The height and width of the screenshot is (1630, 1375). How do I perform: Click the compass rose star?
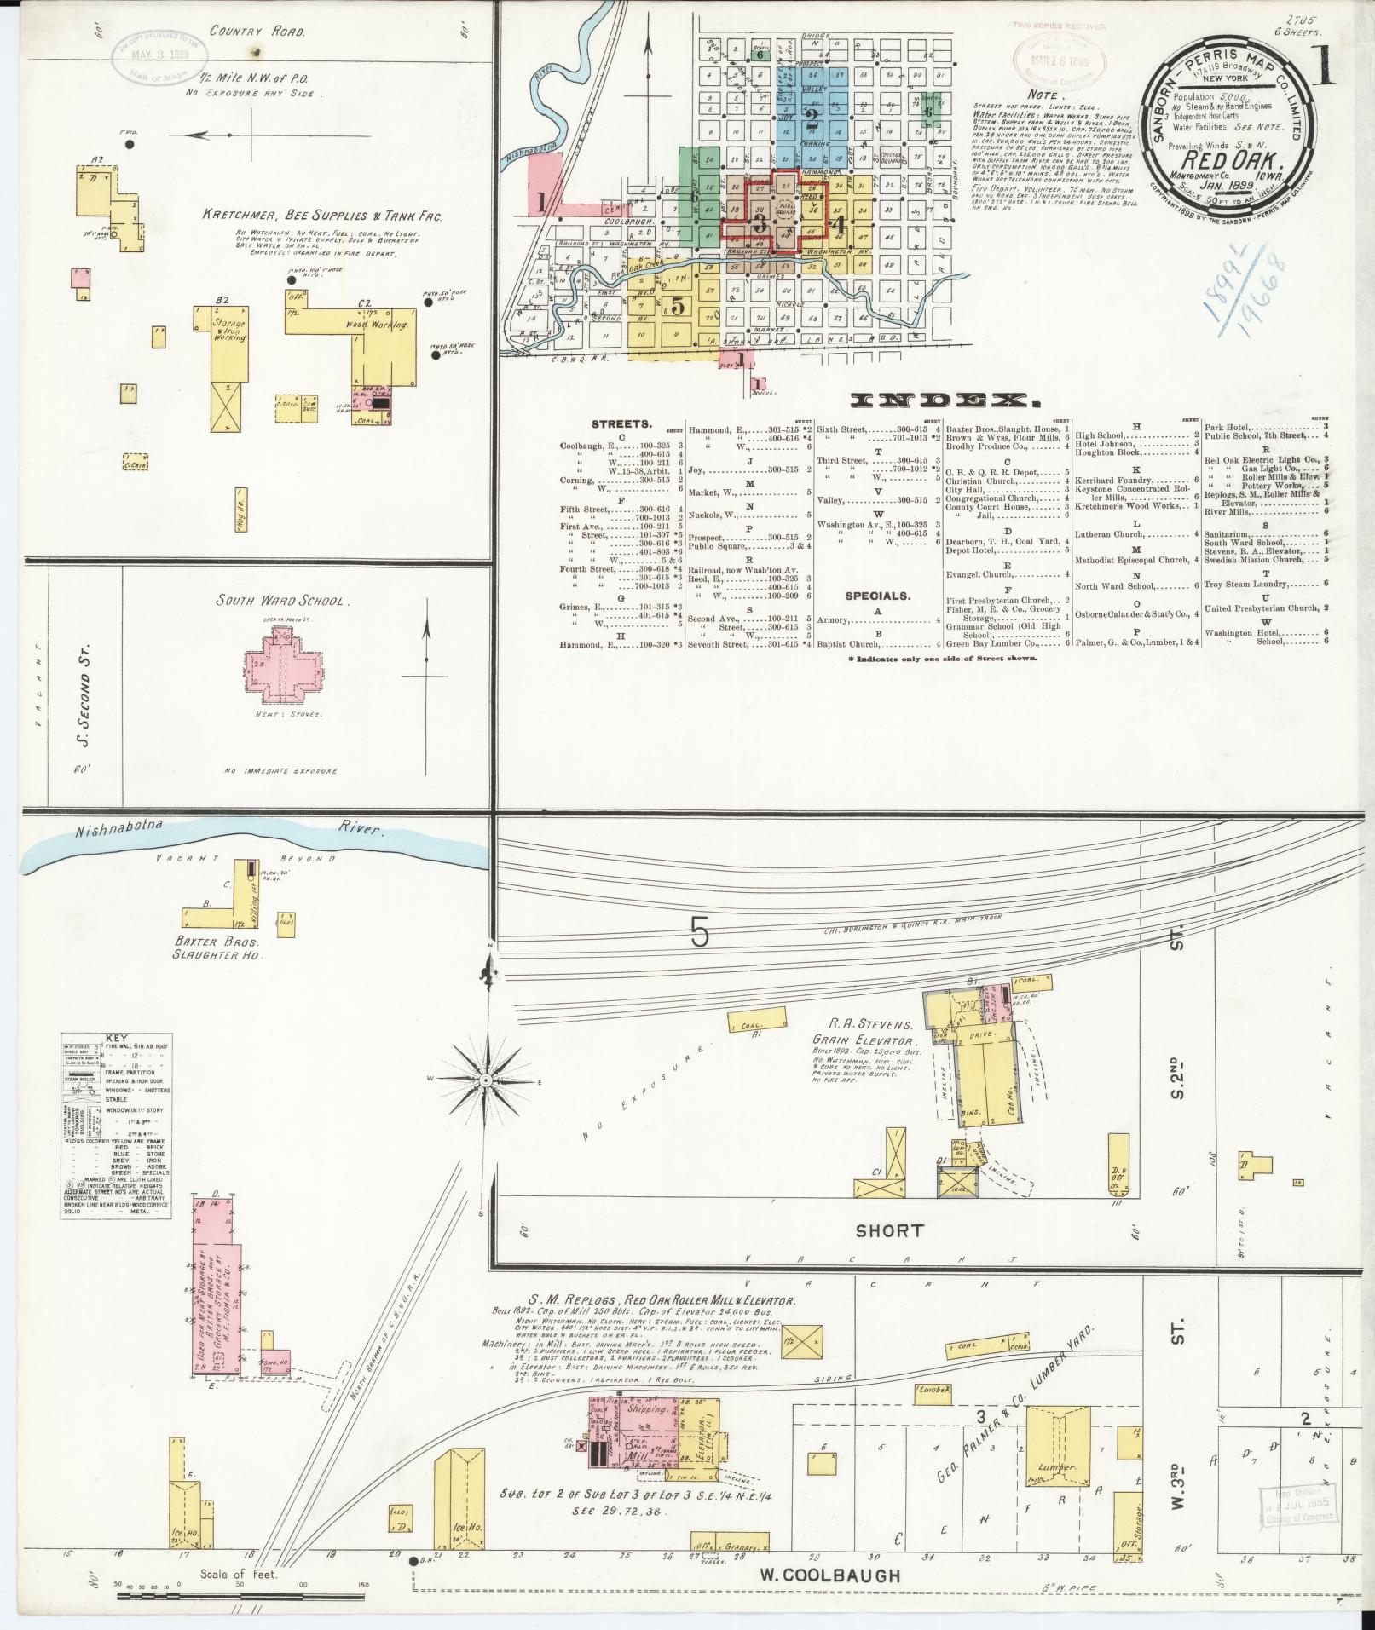click(486, 1080)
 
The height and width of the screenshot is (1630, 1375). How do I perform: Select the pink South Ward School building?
click(283, 664)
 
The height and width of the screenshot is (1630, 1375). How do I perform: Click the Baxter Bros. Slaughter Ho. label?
click(221, 949)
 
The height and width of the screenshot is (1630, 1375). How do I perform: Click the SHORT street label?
click(889, 1230)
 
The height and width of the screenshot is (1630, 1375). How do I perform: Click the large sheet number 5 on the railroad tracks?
click(699, 935)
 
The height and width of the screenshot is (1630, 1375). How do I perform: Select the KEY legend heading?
click(116, 1039)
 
